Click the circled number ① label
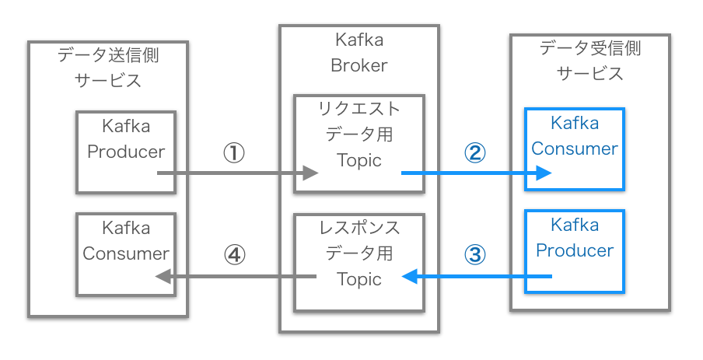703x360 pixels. pos(234,153)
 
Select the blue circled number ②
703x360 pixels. pos(474,153)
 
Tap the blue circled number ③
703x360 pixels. pos(474,255)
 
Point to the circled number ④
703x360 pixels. pos(234,255)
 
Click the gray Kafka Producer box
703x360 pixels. pos(126,152)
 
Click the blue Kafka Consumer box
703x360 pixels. pos(574,149)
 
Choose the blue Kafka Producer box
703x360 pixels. pos(574,251)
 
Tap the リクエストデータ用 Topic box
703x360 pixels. pos(358,144)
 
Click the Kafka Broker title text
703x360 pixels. pos(358,53)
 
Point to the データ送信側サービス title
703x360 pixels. pos(108,68)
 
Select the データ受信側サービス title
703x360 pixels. pos(589,61)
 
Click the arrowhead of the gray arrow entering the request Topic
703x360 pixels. pos(312,173)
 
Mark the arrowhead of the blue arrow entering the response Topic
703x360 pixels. pos(407,276)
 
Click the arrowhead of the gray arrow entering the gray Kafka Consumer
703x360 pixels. pos(163,276)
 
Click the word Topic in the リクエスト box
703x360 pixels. pos(358,160)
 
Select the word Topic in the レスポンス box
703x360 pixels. pos(358,278)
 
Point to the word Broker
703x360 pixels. pos(358,65)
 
